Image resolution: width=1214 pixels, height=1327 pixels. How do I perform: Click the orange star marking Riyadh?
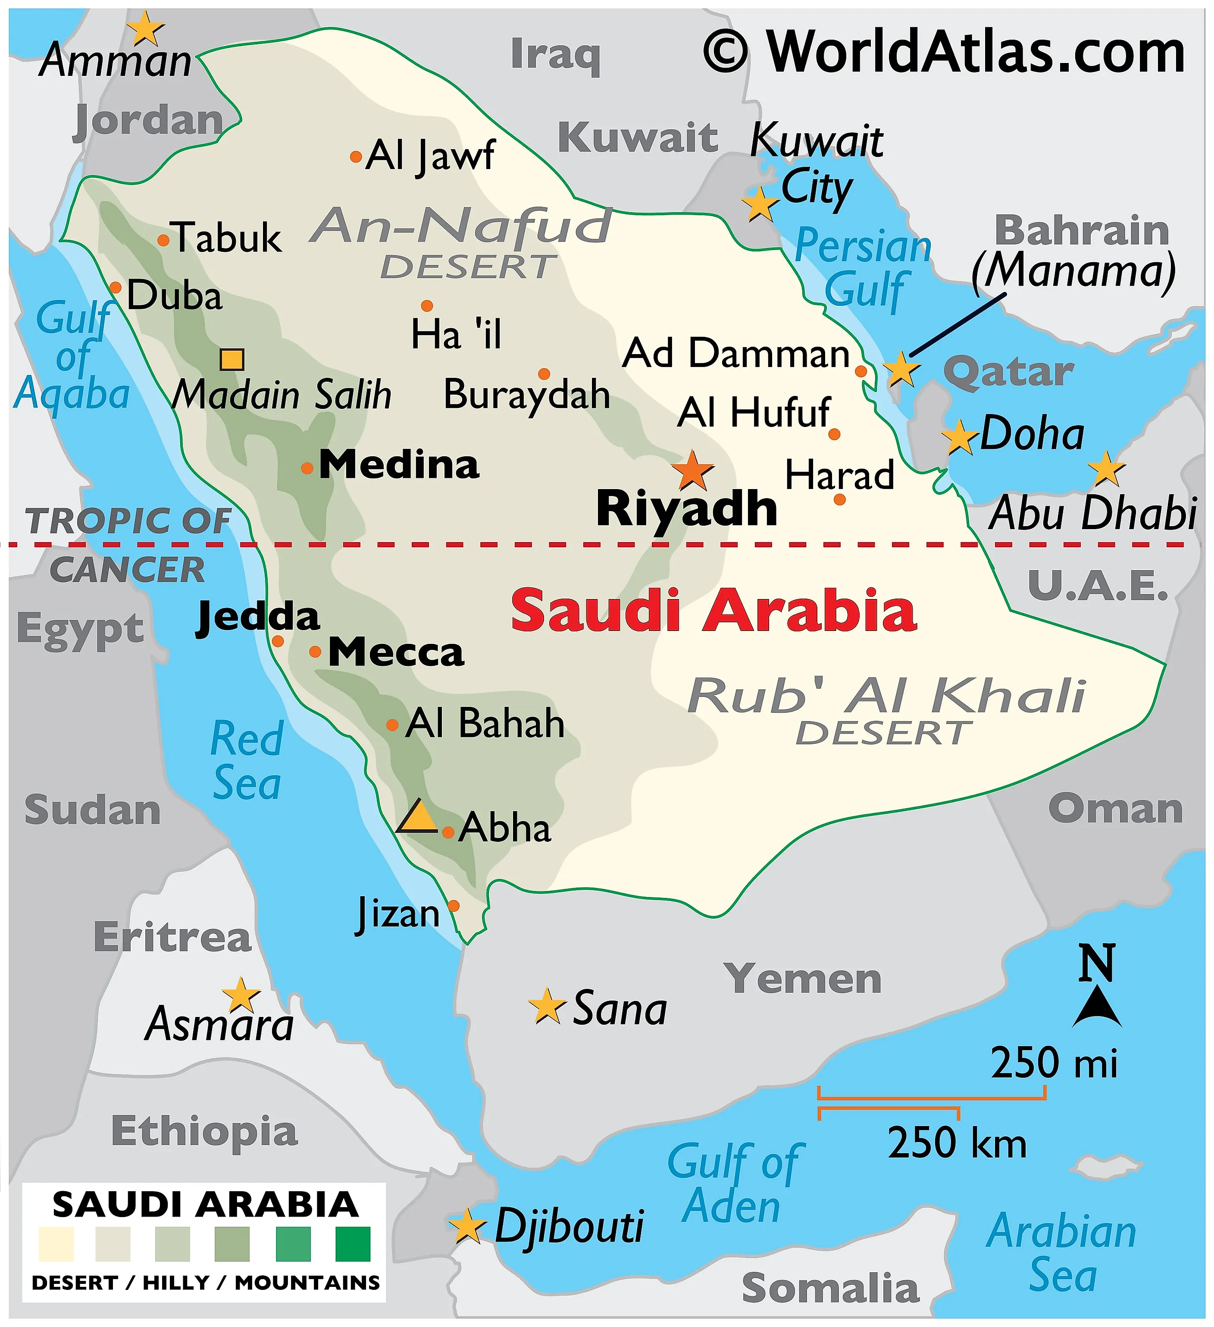point(692,471)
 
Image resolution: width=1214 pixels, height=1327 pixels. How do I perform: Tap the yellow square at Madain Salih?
point(232,359)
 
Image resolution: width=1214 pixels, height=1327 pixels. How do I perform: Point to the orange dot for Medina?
point(307,468)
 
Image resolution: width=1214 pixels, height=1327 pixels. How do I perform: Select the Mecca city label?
point(396,653)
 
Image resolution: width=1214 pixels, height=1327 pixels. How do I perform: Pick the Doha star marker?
point(959,437)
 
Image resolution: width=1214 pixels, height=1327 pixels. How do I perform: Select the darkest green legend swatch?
point(353,1244)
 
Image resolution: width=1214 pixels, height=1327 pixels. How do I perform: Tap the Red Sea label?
point(247,760)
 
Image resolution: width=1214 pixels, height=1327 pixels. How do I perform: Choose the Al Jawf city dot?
point(355,157)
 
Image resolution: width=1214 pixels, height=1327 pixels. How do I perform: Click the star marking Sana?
point(547,1007)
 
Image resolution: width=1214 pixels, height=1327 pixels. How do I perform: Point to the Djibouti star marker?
point(467,1226)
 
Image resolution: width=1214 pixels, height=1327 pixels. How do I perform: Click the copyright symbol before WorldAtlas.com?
point(725,52)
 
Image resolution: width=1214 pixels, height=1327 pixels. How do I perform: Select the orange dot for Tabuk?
point(163,240)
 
